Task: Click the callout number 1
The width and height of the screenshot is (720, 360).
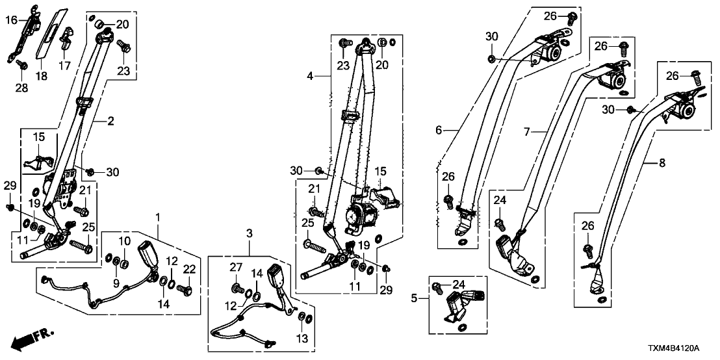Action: pyautogui.click(x=157, y=215)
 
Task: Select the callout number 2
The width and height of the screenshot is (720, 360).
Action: pyautogui.click(x=110, y=121)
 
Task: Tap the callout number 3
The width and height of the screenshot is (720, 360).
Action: pyautogui.click(x=249, y=233)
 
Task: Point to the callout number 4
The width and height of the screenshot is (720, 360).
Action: pyautogui.click(x=311, y=76)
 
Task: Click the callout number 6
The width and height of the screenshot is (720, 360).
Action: pyautogui.click(x=439, y=131)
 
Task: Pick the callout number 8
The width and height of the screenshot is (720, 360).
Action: pyautogui.click(x=662, y=164)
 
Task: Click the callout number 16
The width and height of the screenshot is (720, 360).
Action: pyautogui.click(x=12, y=20)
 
